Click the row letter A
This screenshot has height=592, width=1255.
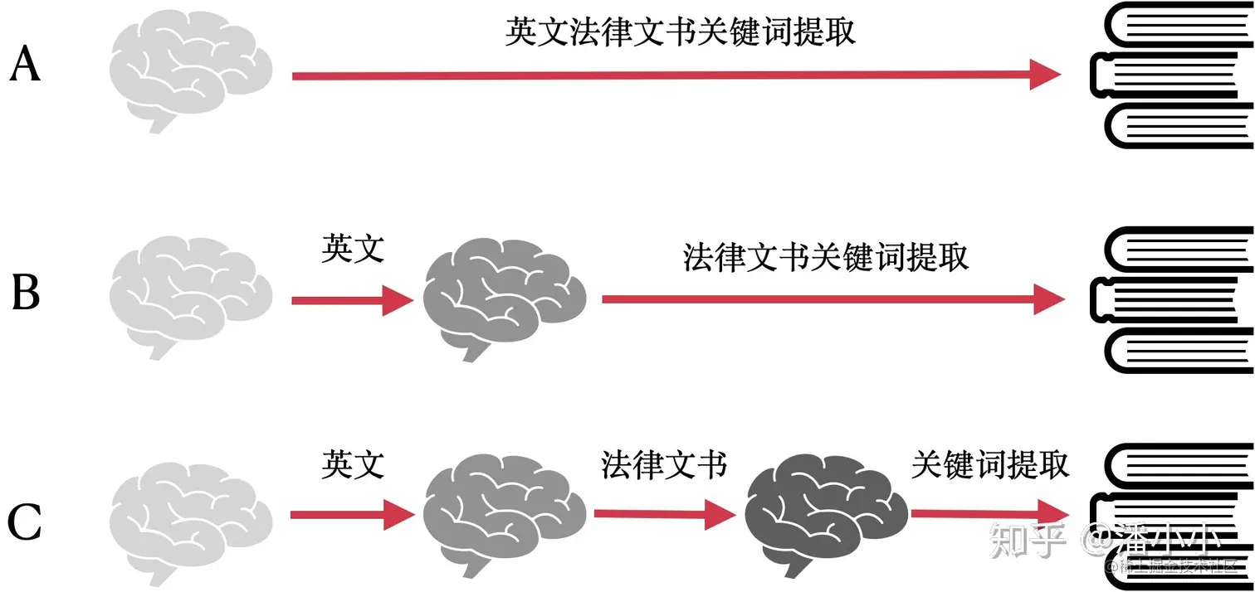25,65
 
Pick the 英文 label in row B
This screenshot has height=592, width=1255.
353,248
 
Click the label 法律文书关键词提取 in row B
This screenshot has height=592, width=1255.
826,256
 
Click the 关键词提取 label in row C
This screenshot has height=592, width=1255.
990,464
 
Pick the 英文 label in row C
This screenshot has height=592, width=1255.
353,464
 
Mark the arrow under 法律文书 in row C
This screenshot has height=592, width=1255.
664,515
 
